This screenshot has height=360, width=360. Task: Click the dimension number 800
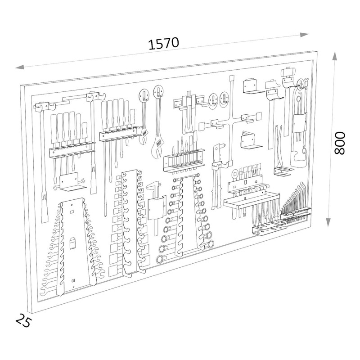pyautogui.click(x=340, y=143)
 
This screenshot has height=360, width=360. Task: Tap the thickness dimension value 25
pyautogui.click(x=23, y=320)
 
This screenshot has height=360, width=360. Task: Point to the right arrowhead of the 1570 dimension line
pyautogui.click(x=304, y=35)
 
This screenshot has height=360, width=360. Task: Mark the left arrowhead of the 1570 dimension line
pyautogui.click(x=20, y=67)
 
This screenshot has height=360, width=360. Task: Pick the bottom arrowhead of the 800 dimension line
pyautogui.click(x=328, y=222)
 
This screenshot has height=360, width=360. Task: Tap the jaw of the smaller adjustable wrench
pyautogui.click(x=143, y=139)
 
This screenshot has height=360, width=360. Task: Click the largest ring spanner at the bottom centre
pyautogui.click(x=160, y=260)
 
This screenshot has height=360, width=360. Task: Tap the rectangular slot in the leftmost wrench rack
pyautogui.click(x=72, y=243)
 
